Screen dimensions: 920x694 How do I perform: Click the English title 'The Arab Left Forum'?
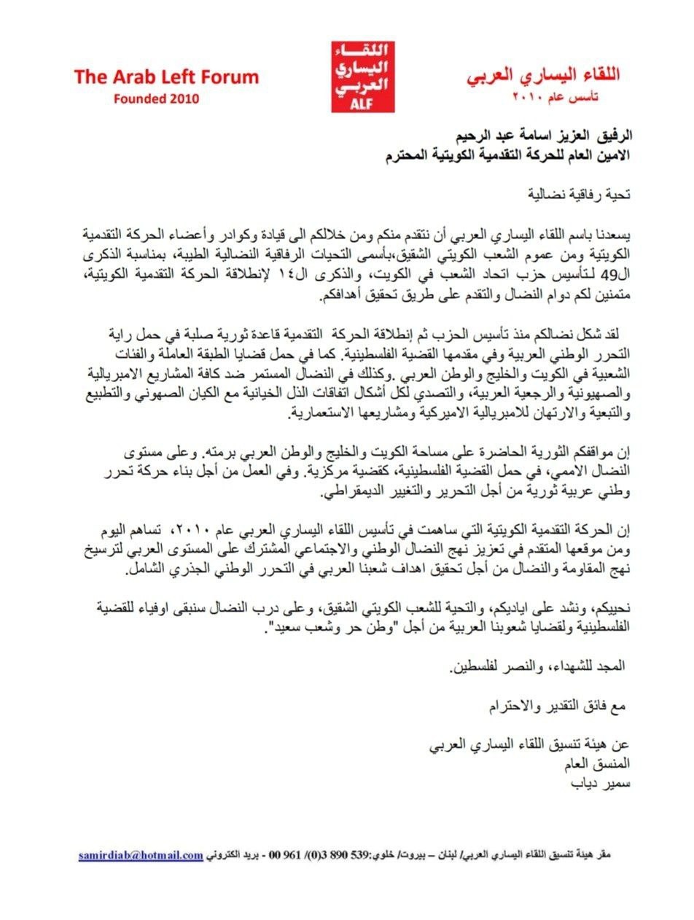166,77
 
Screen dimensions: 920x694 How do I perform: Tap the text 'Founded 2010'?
155,98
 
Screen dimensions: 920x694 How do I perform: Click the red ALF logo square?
362,77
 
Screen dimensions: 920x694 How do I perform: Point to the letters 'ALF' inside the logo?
362,104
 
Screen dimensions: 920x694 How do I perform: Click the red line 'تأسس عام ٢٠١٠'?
560,96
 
